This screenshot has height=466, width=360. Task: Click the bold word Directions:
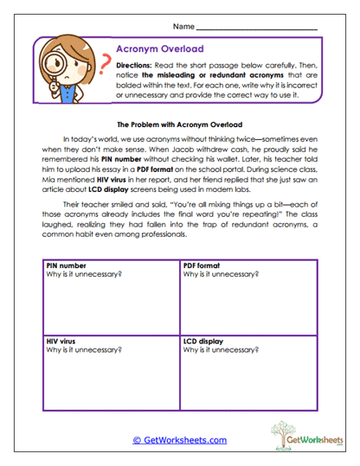coord(139,65)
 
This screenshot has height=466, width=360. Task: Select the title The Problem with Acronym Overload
coord(180,124)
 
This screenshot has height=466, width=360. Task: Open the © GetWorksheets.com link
coord(179,440)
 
